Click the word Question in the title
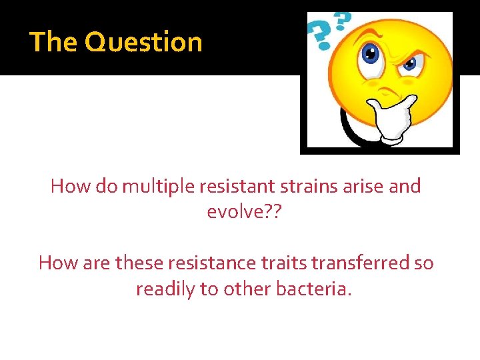click(143, 42)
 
